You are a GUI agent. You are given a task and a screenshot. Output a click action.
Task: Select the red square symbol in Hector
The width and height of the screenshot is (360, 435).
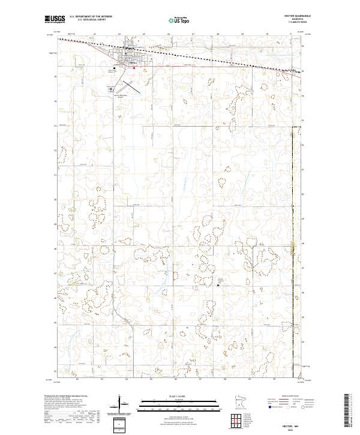tap(134, 67)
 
